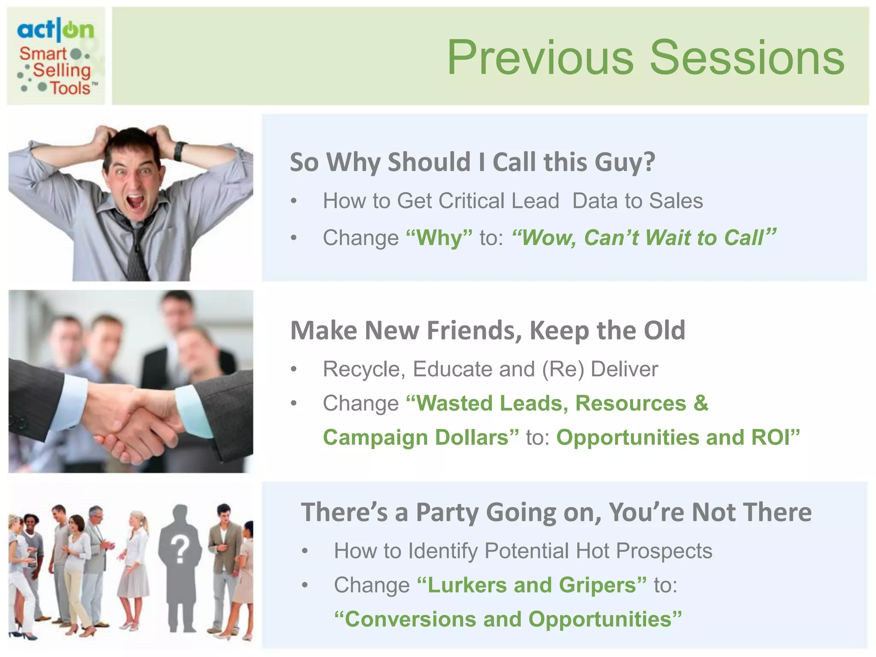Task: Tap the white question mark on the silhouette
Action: pyautogui.click(x=180, y=550)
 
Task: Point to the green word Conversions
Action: pyautogui.click(x=411, y=619)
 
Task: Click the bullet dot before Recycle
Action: pyautogui.click(x=293, y=370)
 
